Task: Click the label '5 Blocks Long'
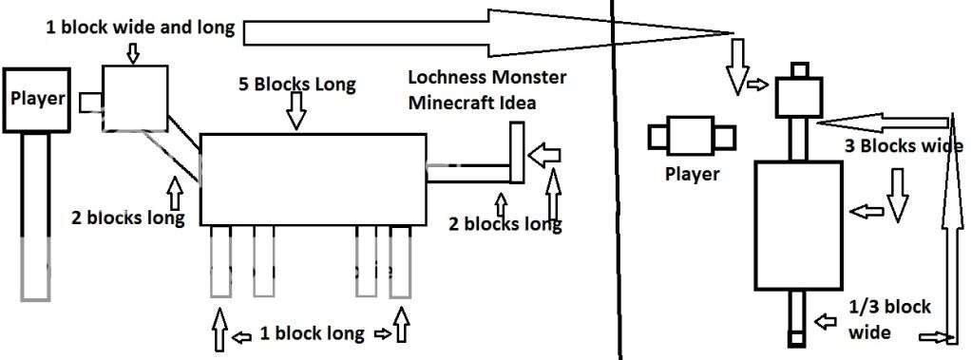tap(297, 84)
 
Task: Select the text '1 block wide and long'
tap(140, 27)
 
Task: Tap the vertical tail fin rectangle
tap(518, 154)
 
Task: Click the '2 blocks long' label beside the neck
tap(127, 216)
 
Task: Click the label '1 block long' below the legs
tap(312, 333)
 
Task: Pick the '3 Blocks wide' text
tap(903, 147)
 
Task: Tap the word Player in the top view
tap(691, 175)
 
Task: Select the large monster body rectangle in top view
tap(798, 225)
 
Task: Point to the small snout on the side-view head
tap(90, 100)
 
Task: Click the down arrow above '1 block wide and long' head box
tap(132, 52)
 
